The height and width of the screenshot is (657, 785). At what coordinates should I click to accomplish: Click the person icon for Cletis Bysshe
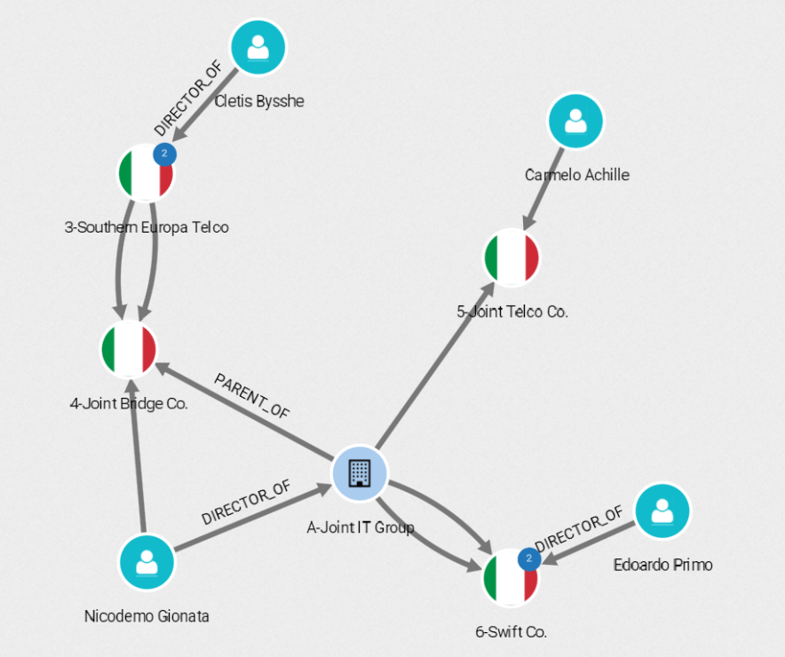point(258,47)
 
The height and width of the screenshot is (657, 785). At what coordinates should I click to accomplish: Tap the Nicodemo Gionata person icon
point(147,562)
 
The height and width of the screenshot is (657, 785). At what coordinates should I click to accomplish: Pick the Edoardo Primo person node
point(662,511)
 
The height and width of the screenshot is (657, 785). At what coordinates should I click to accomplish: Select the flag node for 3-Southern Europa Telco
point(146,172)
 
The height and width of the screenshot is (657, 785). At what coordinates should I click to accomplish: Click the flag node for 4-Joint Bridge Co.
point(130,348)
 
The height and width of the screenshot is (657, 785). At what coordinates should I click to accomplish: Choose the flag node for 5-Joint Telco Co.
point(511,258)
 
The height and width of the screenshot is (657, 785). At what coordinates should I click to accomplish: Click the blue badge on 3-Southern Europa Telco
point(164,154)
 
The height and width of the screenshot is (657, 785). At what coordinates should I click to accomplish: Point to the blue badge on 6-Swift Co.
point(529,558)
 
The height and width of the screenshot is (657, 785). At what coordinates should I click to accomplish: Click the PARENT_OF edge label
point(251,396)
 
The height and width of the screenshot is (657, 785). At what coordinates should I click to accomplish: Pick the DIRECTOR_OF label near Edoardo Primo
point(579,528)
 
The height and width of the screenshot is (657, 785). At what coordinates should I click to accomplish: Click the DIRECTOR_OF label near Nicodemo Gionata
point(245,504)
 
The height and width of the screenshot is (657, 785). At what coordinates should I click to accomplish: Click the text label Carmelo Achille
point(576,175)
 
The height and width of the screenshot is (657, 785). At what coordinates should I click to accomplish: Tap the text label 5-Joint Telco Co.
point(511,312)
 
